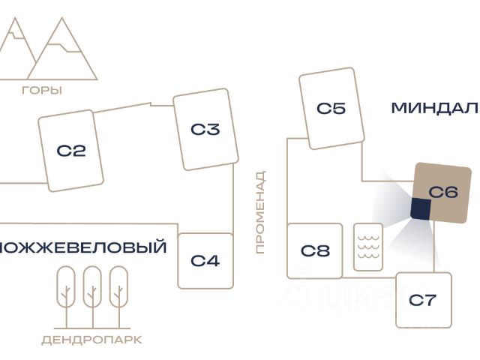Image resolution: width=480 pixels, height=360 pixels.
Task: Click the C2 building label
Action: (71, 151)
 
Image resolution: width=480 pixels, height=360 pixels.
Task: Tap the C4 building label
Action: (205, 261)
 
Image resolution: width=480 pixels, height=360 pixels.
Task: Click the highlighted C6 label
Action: (443, 192)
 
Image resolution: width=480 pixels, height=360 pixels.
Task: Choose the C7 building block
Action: (423, 300)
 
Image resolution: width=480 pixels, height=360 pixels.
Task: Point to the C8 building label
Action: (315, 250)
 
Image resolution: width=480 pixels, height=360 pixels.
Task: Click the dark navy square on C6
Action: (420, 208)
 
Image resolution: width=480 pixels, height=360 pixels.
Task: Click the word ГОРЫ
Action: (42, 91)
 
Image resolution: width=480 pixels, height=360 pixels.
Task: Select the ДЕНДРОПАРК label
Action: (91, 340)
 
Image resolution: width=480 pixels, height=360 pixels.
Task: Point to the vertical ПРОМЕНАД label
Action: (261, 212)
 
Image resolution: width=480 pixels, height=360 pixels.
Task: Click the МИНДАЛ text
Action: (434, 108)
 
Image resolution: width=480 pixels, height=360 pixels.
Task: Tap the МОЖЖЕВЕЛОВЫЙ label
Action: (83, 247)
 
